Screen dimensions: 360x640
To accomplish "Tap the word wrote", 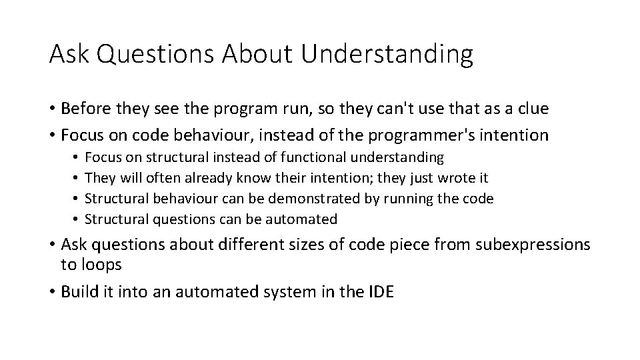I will pos(457,178).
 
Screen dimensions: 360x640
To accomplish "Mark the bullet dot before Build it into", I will pos(53,291).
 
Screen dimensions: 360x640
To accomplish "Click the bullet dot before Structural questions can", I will pos(77,219).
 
